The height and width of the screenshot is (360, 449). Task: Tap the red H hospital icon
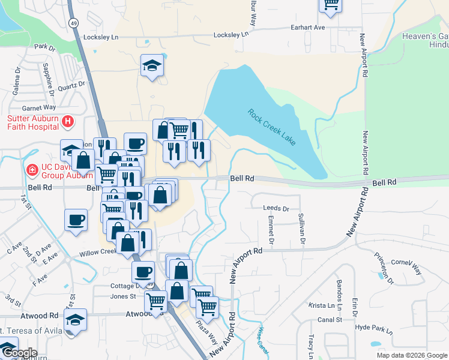click(68, 122)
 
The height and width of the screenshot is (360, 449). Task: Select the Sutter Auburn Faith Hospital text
click(33, 122)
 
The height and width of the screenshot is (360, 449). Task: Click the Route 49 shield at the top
click(73, 22)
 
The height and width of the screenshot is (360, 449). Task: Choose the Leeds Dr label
click(276, 208)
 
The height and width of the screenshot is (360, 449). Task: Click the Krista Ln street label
click(322, 305)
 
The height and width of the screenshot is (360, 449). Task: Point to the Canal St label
click(330, 320)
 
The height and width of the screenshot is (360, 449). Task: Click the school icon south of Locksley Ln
click(151, 65)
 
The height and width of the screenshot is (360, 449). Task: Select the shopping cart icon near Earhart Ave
click(330, 4)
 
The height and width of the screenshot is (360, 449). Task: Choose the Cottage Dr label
click(125, 286)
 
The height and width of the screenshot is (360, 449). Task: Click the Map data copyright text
click(411, 355)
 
